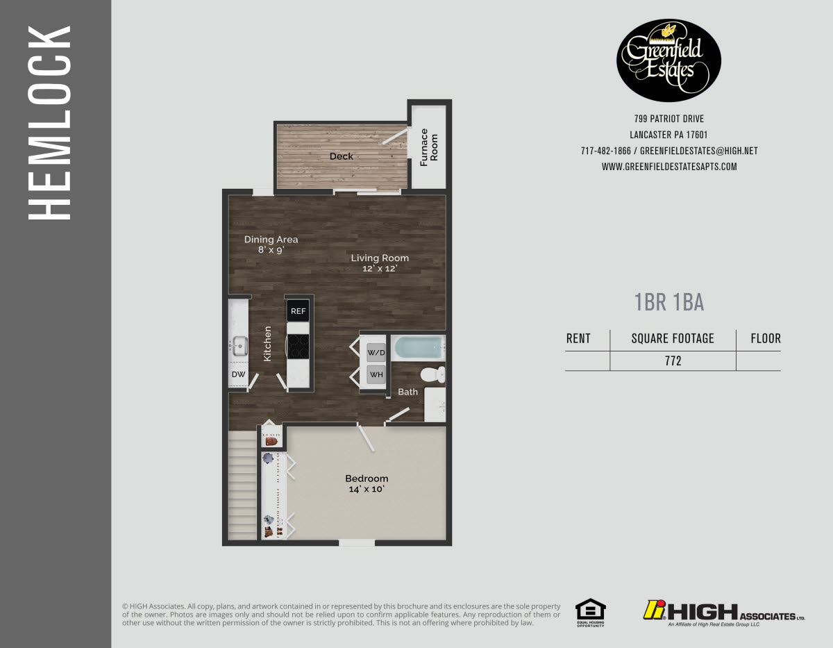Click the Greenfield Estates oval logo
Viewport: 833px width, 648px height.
click(x=669, y=60)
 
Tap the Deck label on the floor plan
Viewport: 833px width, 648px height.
click(x=342, y=156)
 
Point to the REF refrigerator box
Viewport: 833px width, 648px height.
click(x=298, y=311)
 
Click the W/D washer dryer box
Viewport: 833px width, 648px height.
click(x=376, y=354)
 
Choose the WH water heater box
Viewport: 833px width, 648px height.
click(x=376, y=375)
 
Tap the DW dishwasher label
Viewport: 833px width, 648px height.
click(x=238, y=375)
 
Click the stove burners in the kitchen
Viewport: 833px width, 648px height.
click(x=298, y=346)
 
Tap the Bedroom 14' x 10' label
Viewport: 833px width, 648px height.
click(x=367, y=483)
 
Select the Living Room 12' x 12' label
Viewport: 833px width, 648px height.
click(x=380, y=263)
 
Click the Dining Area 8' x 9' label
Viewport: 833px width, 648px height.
click(x=271, y=244)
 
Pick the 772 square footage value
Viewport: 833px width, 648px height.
click(x=673, y=361)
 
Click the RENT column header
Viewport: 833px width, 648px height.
click(x=578, y=339)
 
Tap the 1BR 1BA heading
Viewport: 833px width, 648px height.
click(x=669, y=302)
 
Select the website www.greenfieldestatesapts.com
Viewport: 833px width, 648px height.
click(x=669, y=167)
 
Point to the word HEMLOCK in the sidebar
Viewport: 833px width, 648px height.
click(x=50, y=123)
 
